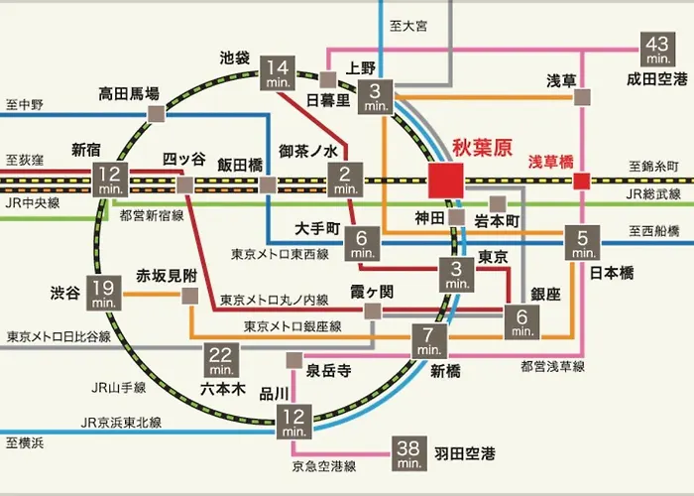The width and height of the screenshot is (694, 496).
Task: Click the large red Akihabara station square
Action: click(x=446, y=181)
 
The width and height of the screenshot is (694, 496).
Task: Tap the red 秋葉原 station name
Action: click(x=482, y=148)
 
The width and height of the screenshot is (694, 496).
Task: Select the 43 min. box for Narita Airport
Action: click(x=658, y=50)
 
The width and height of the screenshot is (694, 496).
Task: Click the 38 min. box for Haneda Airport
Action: click(x=408, y=453)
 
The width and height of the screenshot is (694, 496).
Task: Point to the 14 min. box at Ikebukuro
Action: click(x=278, y=73)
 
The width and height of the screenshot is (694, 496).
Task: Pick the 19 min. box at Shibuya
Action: click(x=103, y=293)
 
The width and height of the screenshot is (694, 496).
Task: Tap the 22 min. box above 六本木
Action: click(x=221, y=360)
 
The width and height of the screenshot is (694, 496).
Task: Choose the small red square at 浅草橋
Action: click(x=582, y=181)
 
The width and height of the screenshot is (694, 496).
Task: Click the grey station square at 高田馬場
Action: click(x=156, y=114)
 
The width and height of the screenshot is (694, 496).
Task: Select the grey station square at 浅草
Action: click(x=582, y=97)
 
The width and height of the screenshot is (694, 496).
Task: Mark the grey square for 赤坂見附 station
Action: click(x=190, y=296)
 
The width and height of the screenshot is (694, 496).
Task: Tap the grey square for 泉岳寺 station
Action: click(x=294, y=360)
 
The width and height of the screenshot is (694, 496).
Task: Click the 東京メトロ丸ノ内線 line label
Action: click(x=275, y=301)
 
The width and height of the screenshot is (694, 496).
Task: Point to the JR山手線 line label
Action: click(x=119, y=388)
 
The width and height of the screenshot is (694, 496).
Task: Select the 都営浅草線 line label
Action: click(x=553, y=366)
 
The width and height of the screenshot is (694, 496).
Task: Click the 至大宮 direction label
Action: click(x=408, y=26)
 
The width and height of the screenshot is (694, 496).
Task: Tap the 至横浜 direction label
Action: click(x=25, y=442)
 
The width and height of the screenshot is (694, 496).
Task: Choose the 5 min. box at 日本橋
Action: click(x=583, y=243)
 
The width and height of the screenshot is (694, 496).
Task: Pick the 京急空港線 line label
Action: click(x=324, y=466)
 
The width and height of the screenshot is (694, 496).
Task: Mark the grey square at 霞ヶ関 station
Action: click(x=373, y=311)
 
